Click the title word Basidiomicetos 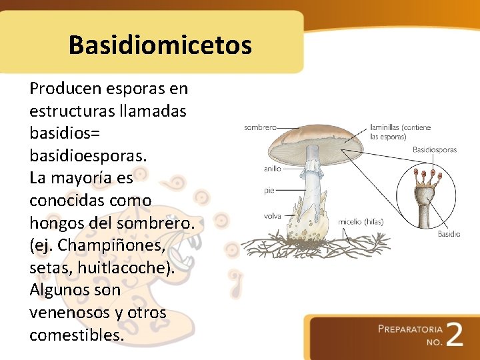(x=160, y=45)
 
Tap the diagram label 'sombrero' (x=260, y=127)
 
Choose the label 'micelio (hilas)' (x=360, y=222)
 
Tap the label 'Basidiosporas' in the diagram (x=435, y=150)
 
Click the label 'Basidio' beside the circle (x=449, y=234)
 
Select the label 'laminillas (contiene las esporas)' (x=400, y=131)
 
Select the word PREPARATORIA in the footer (x=409, y=329)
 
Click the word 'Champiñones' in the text (x=111, y=245)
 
